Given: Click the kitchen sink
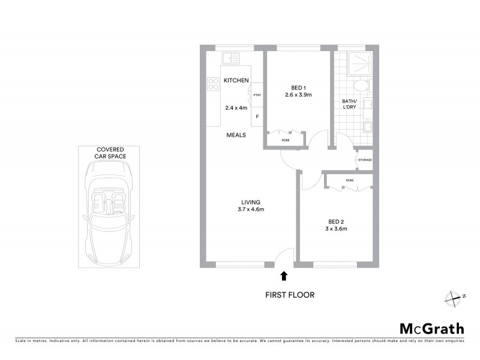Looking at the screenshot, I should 230,59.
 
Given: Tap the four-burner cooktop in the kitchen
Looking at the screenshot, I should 213,85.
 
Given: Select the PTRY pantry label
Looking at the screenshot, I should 257,95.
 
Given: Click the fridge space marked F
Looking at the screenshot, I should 257,116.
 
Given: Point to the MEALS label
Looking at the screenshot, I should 236,135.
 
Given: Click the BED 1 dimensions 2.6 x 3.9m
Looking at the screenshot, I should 298,95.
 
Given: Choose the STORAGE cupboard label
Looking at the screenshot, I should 365,160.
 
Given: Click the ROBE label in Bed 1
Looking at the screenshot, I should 285,140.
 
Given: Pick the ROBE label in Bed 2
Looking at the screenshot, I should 350,180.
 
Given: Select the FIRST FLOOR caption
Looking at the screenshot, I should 290,295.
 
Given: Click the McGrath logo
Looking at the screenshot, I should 431,328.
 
